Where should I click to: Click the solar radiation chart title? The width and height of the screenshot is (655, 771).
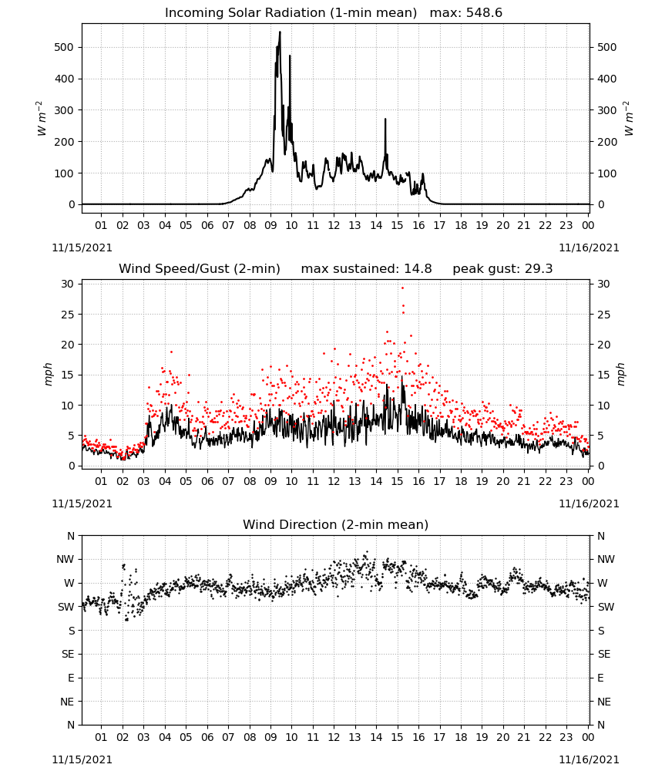[x=333, y=13]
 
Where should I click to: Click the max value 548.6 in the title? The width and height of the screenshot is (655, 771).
[x=484, y=13]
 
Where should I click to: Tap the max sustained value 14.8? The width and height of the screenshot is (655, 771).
[x=418, y=269]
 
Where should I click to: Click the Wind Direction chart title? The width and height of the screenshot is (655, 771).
[x=336, y=524]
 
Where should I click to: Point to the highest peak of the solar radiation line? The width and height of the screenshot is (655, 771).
[x=280, y=32]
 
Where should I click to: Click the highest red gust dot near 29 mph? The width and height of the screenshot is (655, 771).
[x=402, y=288]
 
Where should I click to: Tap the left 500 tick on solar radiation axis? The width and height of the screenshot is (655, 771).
[x=64, y=47]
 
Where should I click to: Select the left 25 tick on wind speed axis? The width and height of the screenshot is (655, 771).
[x=68, y=315]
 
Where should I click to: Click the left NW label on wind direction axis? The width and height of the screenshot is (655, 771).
[x=65, y=560]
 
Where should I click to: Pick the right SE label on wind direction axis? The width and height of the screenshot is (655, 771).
[x=604, y=654]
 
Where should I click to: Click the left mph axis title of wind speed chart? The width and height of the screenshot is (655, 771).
[x=48, y=374]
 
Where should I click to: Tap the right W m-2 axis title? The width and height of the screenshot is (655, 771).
[x=629, y=119]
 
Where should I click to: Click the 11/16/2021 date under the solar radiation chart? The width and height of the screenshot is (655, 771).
[x=589, y=247]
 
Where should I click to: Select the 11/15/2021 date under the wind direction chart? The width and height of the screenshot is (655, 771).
[x=82, y=759]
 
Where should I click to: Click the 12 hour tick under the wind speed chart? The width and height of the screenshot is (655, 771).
[x=334, y=481]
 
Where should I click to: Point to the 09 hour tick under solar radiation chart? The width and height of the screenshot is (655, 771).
[x=270, y=225]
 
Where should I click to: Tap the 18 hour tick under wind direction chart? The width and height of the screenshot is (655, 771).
[x=461, y=738]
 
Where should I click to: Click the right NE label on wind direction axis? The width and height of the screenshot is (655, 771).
[x=604, y=702]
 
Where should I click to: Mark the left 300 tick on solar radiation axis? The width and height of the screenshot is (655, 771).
[x=64, y=110]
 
